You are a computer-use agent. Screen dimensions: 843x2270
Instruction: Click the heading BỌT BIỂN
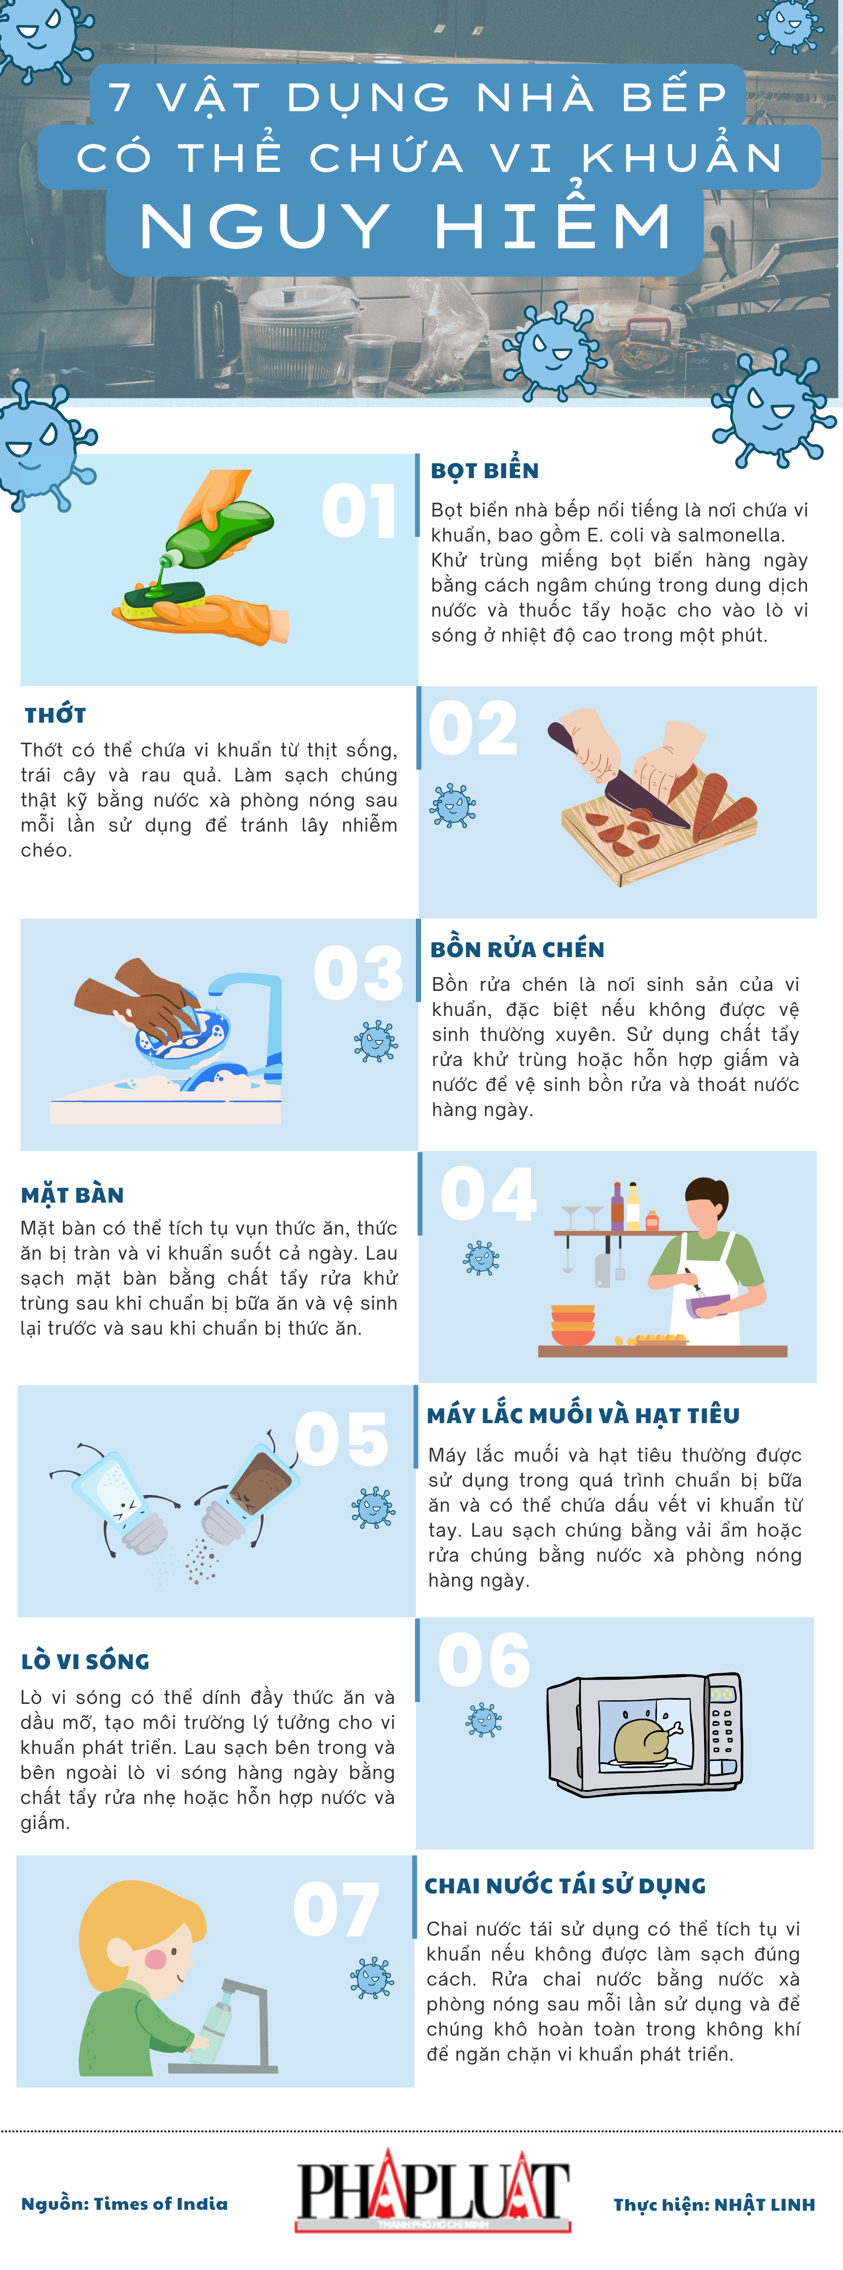[x=484, y=471]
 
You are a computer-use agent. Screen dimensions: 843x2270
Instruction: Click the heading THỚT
[x=56, y=715]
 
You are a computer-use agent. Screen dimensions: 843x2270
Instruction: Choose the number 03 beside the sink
[x=359, y=974]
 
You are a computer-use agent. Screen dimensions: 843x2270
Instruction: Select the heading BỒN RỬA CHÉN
[x=517, y=949]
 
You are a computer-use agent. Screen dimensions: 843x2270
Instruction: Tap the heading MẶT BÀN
[x=72, y=1195]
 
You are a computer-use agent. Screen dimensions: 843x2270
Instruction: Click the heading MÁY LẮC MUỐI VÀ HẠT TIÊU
[x=583, y=1415]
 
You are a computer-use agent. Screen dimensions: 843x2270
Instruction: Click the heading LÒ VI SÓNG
[x=85, y=1661]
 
